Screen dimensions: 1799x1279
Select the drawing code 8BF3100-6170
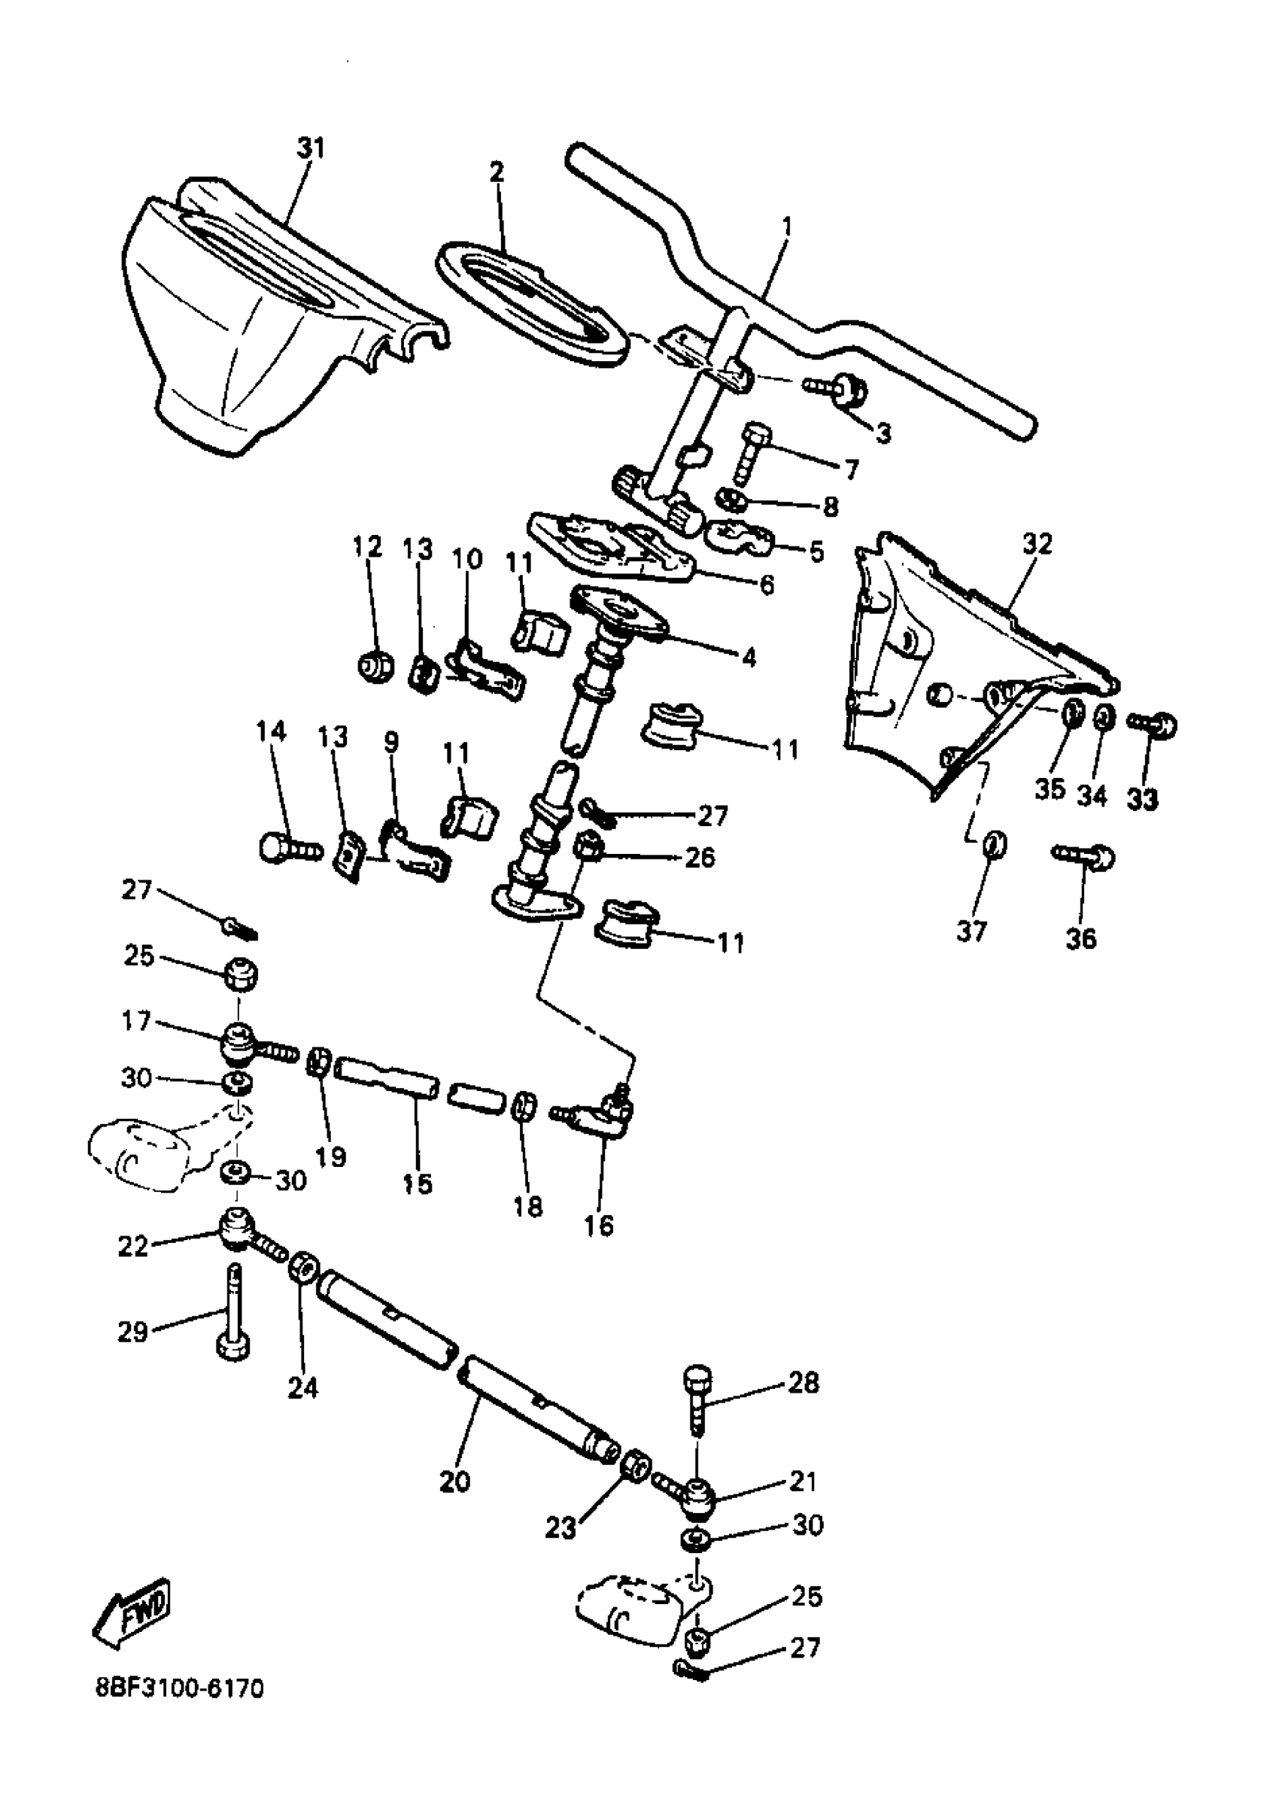tap(179, 1688)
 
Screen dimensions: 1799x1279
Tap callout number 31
tap(310, 147)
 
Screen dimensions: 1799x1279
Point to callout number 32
tap(1037, 543)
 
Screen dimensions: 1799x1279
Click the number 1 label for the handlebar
tap(787, 226)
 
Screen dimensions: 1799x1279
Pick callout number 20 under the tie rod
tap(454, 1481)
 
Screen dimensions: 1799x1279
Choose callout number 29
tap(132, 1332)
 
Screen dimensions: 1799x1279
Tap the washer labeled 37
tap(994, 844)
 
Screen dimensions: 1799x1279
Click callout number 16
tap(599, 1226)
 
